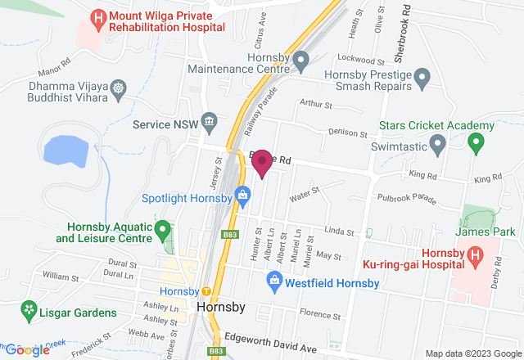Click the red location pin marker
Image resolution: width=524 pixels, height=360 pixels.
click(262, 163)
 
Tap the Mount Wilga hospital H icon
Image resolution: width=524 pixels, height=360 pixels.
click(98, 18)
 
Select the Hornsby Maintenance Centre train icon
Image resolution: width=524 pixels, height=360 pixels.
click(301, 59)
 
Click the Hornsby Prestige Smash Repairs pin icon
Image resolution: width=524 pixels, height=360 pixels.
click(422, 79)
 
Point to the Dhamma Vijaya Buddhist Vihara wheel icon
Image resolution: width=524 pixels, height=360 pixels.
click(120, 88)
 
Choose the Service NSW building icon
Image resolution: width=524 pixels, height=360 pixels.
click(210, 122)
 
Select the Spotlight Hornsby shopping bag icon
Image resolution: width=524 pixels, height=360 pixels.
click(242, 195)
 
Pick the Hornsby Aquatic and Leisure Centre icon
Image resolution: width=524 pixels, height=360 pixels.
click(163, 230)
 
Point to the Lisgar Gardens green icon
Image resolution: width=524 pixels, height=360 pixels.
click(29, 310)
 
